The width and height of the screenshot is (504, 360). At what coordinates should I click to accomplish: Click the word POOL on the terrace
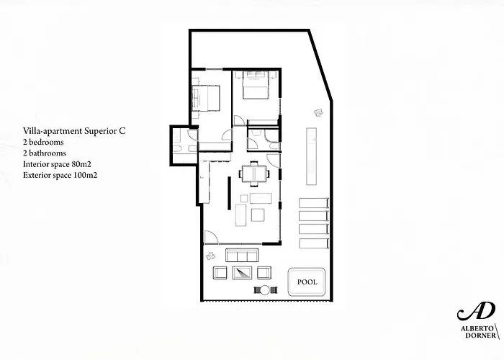coord(307,282)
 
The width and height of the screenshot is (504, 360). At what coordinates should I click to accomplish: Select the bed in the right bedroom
coord(254,88)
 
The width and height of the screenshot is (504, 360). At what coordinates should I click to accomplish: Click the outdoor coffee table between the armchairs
coord(240,272)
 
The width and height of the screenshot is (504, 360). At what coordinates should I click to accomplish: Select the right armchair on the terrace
coord(264,272)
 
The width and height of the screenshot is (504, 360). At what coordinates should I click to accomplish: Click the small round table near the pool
coord(264,290)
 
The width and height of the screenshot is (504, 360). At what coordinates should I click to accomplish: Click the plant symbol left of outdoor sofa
coord(210,256)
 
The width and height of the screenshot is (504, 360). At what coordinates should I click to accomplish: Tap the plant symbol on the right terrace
coord(318,111)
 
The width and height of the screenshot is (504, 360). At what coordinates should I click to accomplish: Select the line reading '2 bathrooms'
coord(45,153)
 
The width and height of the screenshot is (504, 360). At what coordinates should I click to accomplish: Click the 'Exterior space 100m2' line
coord(60,175)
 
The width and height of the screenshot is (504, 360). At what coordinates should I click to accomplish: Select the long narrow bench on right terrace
coord(311,156)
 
